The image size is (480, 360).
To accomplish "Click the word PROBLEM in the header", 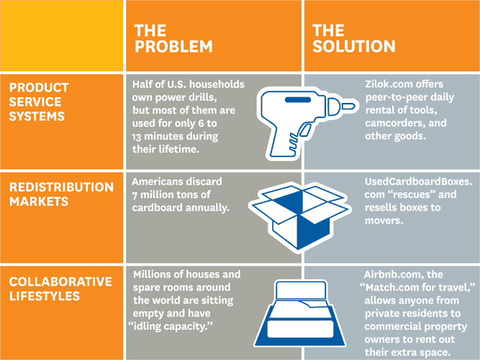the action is (173, 47).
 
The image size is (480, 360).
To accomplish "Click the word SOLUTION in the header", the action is (353, 47).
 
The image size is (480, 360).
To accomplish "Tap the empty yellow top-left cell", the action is (62, 35).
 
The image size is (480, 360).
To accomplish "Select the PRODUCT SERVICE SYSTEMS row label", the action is (39, 102).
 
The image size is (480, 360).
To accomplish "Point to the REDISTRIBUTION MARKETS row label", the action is (61, 194).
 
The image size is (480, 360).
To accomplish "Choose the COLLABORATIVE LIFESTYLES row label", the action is (60, 289).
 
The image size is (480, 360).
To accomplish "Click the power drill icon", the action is (306, 122).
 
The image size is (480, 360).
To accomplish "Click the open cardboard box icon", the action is (300, 217).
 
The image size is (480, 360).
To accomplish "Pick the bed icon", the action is (300, 313).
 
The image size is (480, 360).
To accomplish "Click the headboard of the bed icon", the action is (301, 290).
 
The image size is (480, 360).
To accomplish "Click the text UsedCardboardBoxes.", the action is (418, 181).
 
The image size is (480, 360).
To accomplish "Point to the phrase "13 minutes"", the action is (158, 136).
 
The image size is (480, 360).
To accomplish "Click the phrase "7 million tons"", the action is (171, 194).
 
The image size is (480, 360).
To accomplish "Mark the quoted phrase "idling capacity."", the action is (171, 326).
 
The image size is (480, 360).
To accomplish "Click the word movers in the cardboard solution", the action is (384, 220).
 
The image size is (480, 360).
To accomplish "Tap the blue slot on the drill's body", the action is (298, 99).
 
